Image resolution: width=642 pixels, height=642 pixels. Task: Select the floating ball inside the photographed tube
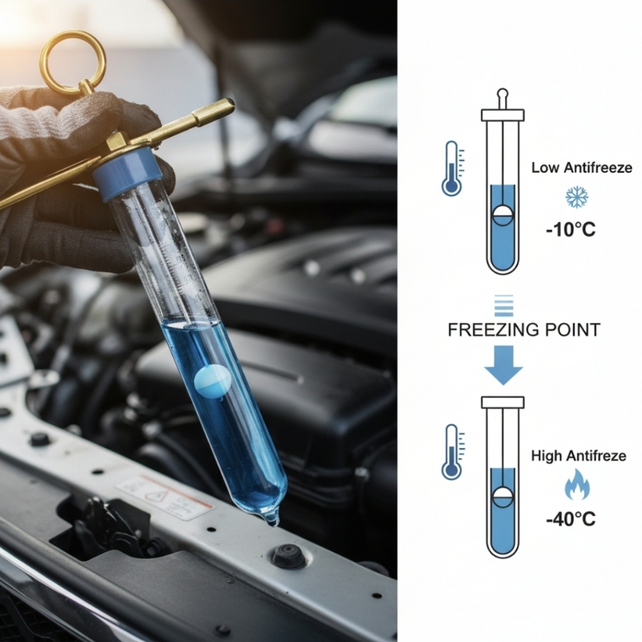pyautogui.click(x=212, y=380)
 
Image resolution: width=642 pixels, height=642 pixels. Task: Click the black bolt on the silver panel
pyautogui.click(x=290, y=555)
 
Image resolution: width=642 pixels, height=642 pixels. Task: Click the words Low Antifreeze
pyautogui.click(x=581, y=168)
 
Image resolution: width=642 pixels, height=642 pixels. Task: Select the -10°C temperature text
pyautogui.click(x=571, y=230)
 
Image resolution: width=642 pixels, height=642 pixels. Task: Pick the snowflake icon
pyautogui.click(x=576, y=197)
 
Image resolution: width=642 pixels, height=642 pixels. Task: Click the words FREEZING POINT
pyautogui.click(x=524, y=330)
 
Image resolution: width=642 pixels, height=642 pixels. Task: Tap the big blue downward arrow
pyautogui.click(x=503, y=365)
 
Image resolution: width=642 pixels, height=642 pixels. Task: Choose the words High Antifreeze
pyautogui.click(x=579, y=456)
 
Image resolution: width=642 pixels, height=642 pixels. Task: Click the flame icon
pyautogui.click(x=577, y=484)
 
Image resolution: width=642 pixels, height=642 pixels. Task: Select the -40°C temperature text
pyautogui.click(x=571, y=519)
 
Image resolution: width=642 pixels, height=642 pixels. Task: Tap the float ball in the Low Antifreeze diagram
pyautogui.click(x=503, y=215)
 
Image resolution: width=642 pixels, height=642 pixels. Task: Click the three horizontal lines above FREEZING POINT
pyautogui.click(x=504, y=305)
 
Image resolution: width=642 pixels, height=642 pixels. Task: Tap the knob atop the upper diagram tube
pyautogui.click(x=503, y=99)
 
